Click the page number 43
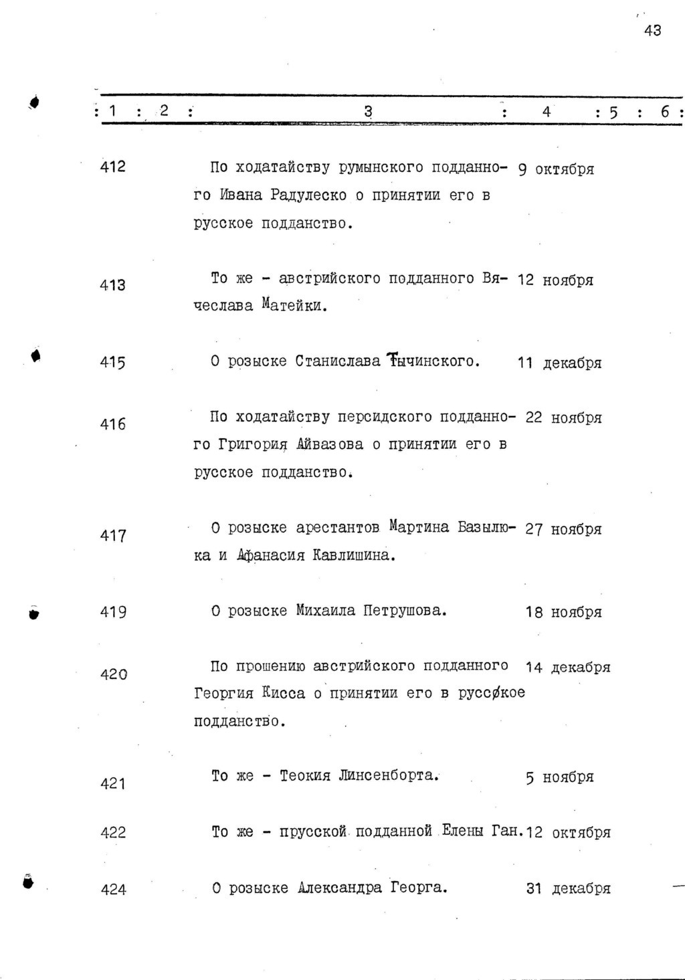[652, 30]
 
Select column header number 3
[367, 112]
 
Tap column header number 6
[666, 112]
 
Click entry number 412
[112, 167]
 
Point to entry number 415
[112, 363]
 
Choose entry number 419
[113, 612]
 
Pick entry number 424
[113, 890]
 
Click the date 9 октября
[556, 169]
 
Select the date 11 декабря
[559, 363]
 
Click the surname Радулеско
[308, 195]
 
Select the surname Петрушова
[404, 611]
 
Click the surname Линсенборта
[388, 776]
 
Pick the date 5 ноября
[559, 777]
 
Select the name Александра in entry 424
[340, 888]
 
